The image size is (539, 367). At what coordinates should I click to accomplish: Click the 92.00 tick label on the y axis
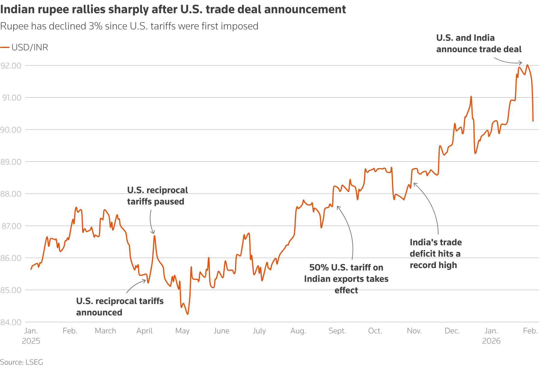(x=11, y=66)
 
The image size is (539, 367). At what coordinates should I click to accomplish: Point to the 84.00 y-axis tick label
(x=11, y=322)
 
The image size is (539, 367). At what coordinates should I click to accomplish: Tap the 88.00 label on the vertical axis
(x=11, y=194)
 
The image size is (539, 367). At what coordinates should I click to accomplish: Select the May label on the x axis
(x=182, y=331)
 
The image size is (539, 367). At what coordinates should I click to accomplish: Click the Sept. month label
(x=337, y=331)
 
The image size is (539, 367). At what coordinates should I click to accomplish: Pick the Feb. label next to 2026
(x=530, y=331)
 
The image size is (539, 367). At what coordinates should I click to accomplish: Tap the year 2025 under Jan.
(x=31, y=341)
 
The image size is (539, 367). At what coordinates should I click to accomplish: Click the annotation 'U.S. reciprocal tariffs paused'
(x=157, y=196)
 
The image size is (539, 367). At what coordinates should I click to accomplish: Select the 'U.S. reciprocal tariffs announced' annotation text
(x=119, y=306)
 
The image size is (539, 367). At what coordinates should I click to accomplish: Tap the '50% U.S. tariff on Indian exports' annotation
(x=346, y=279)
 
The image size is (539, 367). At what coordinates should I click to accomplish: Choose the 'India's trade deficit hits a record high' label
(x=435, y=254)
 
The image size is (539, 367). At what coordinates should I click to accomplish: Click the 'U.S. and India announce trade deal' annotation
(x=478, y=43)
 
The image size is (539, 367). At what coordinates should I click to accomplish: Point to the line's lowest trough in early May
(x=188, y=314)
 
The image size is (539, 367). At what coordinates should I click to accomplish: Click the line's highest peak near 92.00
(x=527, y=65)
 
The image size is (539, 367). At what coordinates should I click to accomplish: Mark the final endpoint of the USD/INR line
(x=533, y=121)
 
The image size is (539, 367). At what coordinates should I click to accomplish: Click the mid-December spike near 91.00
(x=471, y=97)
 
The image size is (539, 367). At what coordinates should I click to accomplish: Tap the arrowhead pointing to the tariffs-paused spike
(x=153, y=233)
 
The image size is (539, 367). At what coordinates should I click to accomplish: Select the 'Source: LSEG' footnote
(x=22, y=362)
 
